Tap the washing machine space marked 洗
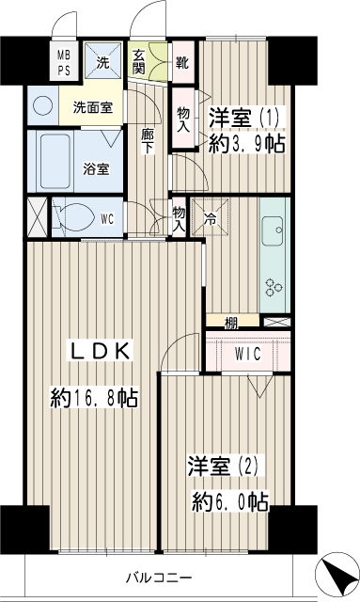[102, 63]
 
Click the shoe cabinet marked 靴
[181, 65]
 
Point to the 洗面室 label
[93, 107]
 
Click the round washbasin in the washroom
[42, 105]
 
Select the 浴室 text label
[96, 170]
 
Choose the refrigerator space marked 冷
[209, 216]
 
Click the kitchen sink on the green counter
[275, 228]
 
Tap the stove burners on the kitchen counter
[275, 288]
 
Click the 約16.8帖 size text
[94, 398]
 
